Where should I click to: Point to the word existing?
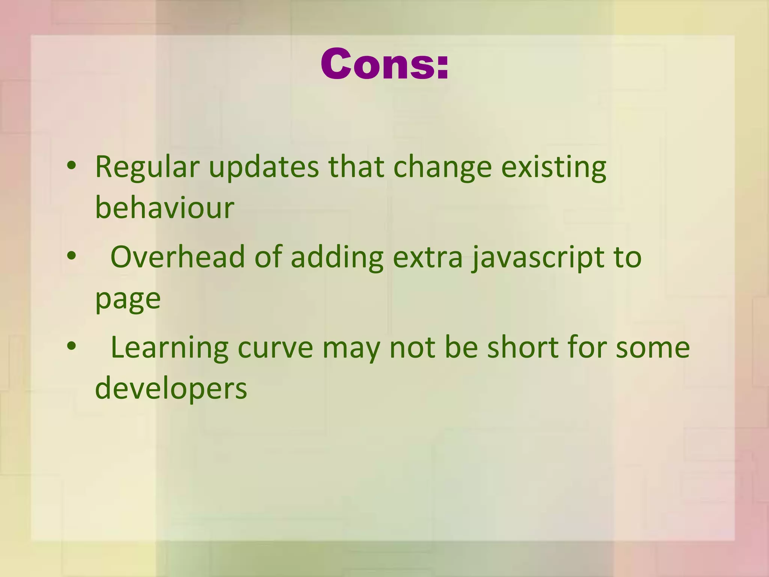[553, 168]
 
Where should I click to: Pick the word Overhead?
[178, 257]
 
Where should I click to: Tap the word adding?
[337, 258]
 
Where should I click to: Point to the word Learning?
[169, 348]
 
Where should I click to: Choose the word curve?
[275, 348]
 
